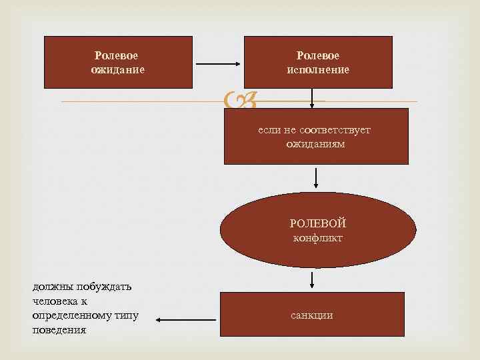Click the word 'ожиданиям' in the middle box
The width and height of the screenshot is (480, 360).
coord(315,143)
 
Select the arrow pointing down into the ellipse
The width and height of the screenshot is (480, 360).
coord(316,177)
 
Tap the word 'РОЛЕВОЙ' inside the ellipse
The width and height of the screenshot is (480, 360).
coord(318,223)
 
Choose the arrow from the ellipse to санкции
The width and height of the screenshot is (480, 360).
coord(311,279)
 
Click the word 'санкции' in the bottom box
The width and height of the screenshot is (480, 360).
coord(311,315)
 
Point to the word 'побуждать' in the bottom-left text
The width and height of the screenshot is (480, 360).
coord(101,287)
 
